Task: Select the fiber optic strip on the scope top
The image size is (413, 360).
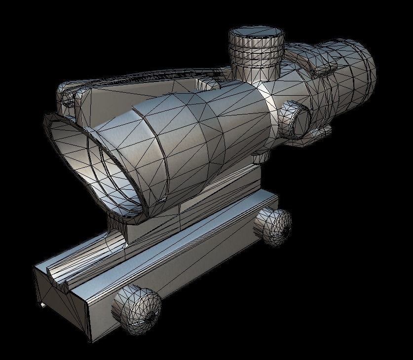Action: pyautogui.click(x=148, y=79)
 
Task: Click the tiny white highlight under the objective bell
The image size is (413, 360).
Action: pyautogui.click(x=161, y=199)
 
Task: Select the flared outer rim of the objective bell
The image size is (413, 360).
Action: pyautogui.click(x=64, y=148)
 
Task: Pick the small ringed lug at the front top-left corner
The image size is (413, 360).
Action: pyautogui.click(x=67, y=96)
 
